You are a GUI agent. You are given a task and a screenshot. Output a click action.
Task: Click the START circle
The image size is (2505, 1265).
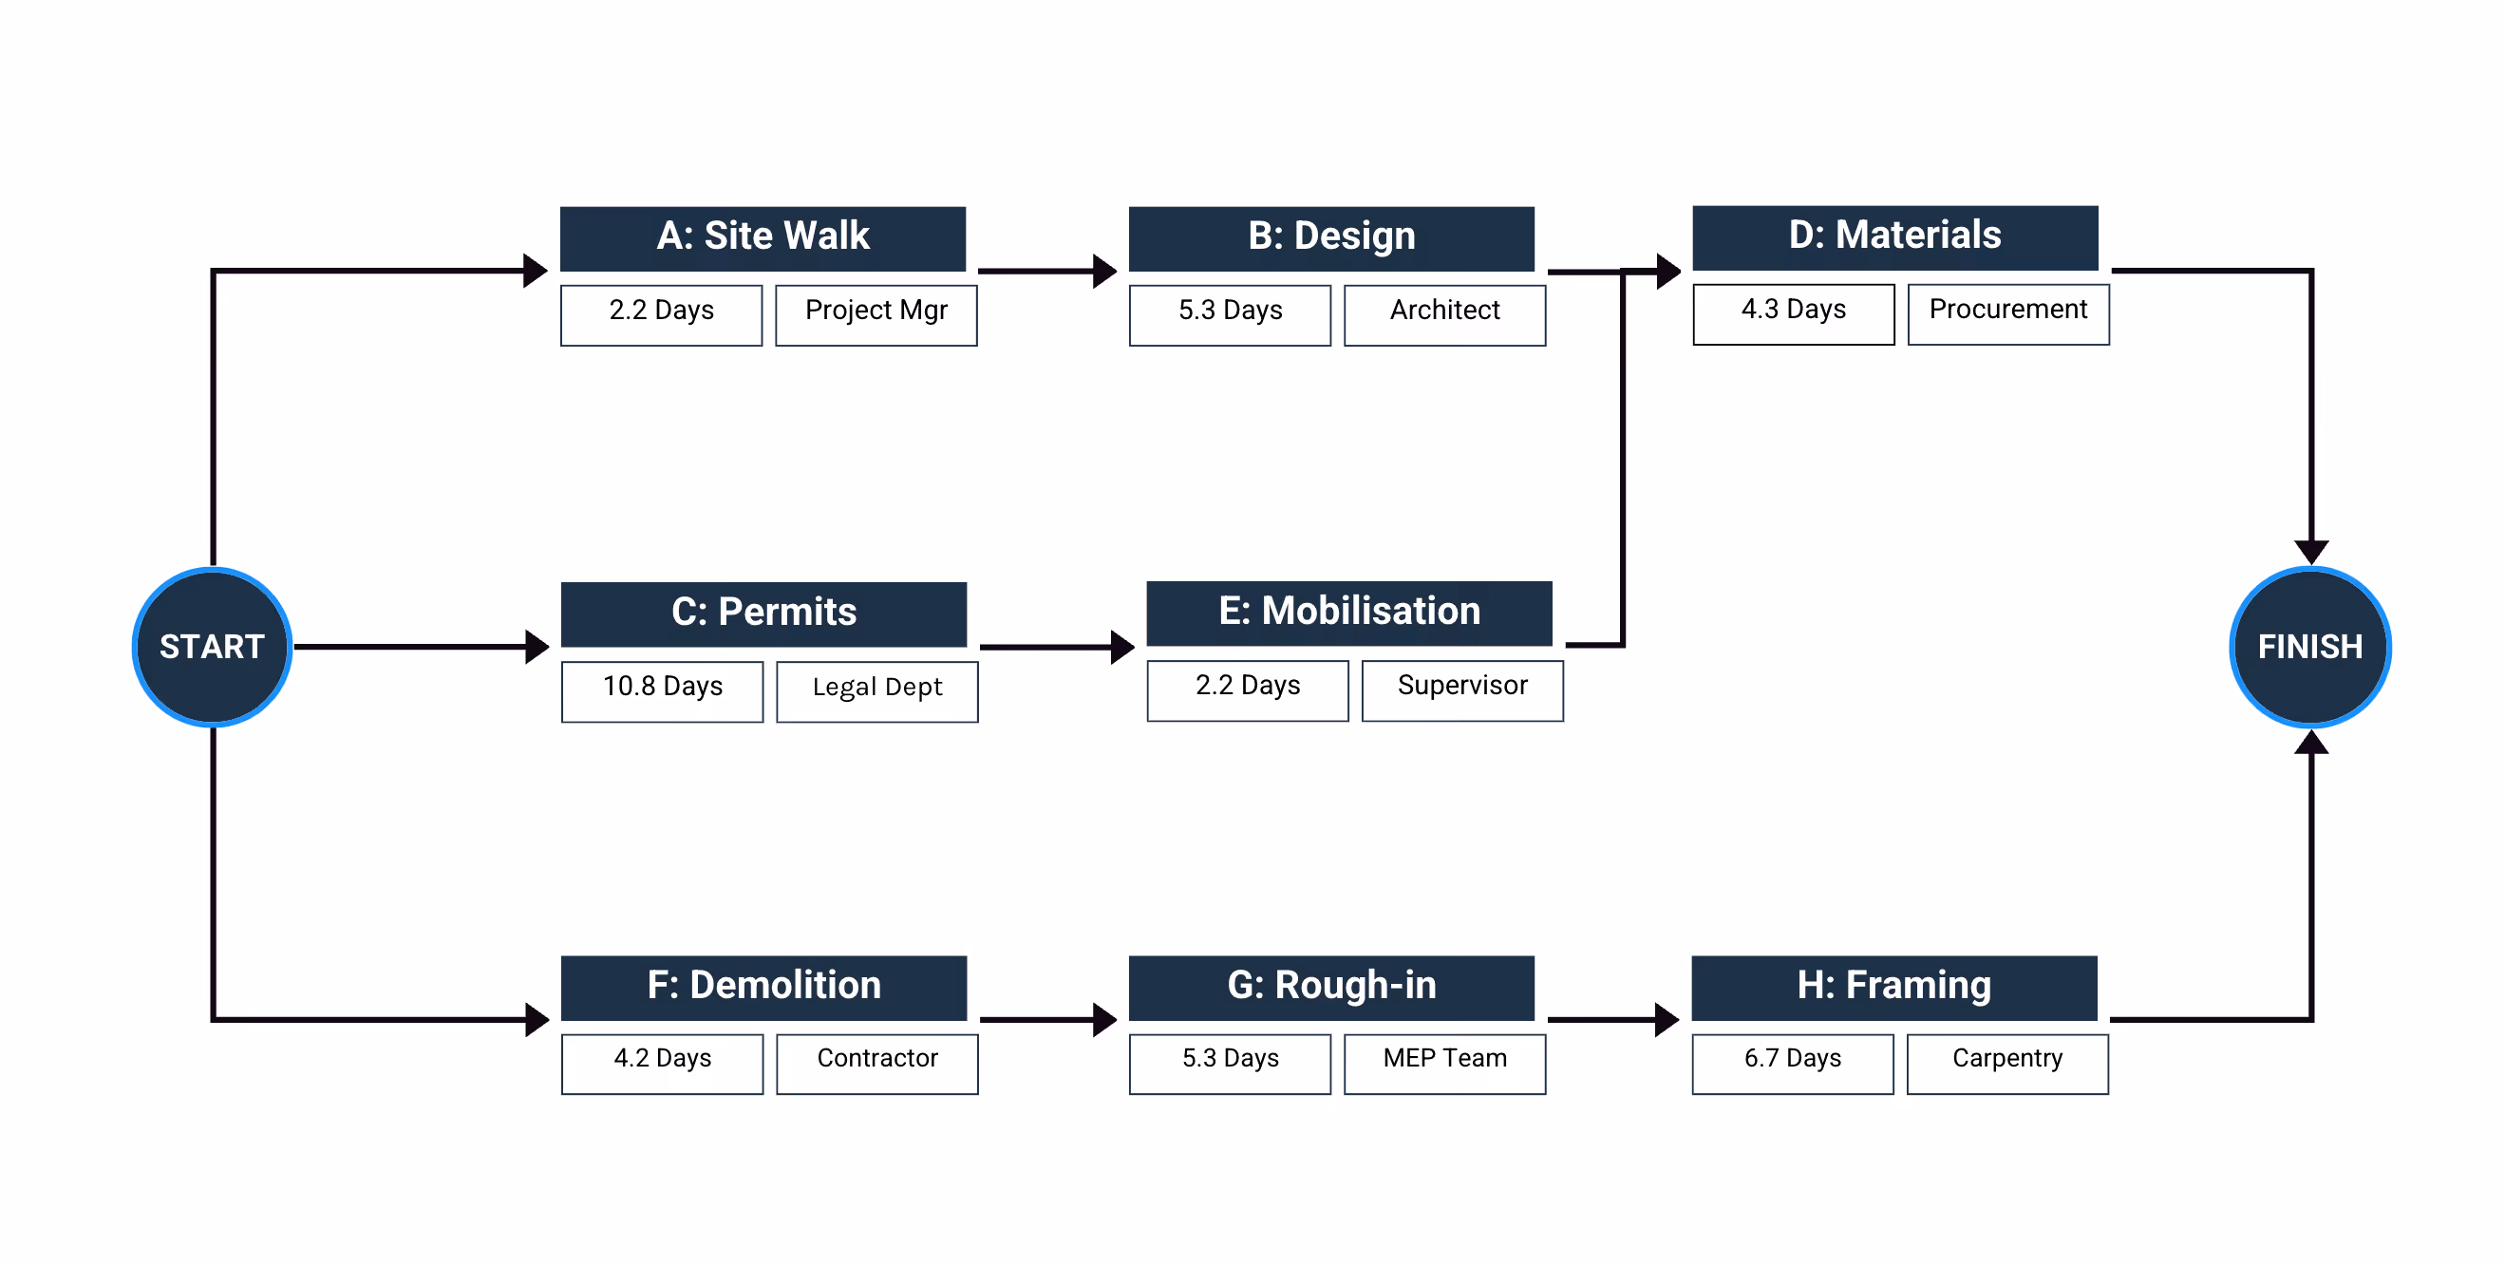pos(212,647)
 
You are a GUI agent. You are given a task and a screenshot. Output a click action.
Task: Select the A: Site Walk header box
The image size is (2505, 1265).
pos(763,237)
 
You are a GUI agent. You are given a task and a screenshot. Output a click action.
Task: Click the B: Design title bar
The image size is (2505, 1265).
pos(1330,237)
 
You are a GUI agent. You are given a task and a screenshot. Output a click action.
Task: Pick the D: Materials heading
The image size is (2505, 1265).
pos(1894,236)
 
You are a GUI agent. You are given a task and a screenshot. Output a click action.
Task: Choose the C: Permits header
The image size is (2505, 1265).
pos(763,614)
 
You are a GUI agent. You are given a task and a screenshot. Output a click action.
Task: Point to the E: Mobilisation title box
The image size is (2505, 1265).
pos(1348,613)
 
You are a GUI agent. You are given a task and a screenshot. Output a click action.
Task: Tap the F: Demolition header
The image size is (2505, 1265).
pos(763,987)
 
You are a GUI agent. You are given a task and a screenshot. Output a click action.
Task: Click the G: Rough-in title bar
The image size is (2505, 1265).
pos(1330,987)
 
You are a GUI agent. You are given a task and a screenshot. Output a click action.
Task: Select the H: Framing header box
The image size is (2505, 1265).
pos(1893,987)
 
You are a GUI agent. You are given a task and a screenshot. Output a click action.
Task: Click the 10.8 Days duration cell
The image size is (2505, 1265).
pos(662,690)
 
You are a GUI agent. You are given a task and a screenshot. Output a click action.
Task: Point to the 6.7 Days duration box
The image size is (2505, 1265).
pos(1792,1063)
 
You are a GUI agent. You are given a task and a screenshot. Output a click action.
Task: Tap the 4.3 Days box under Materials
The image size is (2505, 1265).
pos(1793,313)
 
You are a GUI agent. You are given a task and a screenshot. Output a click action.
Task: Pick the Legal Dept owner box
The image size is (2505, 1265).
pos(877,690)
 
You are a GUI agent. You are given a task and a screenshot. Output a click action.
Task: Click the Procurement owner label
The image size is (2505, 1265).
pos(2008,313)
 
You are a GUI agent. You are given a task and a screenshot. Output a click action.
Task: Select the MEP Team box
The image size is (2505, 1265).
pos(1444,1063)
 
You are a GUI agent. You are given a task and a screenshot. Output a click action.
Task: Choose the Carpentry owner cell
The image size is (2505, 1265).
pos(2007,1063)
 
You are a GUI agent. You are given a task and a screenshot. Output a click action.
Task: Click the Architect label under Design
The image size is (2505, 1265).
pos(1444,314)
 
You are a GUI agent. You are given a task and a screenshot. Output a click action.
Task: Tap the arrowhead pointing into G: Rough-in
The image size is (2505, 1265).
pos(1104,1019)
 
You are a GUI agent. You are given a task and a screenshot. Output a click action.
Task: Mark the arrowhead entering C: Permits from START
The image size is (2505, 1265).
pos(537,647)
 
